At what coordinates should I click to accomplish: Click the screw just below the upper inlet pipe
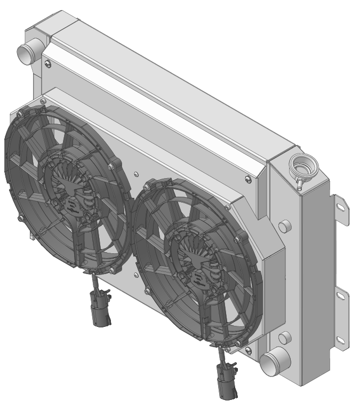click(x=49, y=65)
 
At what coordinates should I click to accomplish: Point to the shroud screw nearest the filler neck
click(x=247, y=178)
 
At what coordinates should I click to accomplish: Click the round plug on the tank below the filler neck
click(x=285, y=225)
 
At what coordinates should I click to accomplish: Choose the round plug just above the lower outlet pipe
click(x=285, y=337)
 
